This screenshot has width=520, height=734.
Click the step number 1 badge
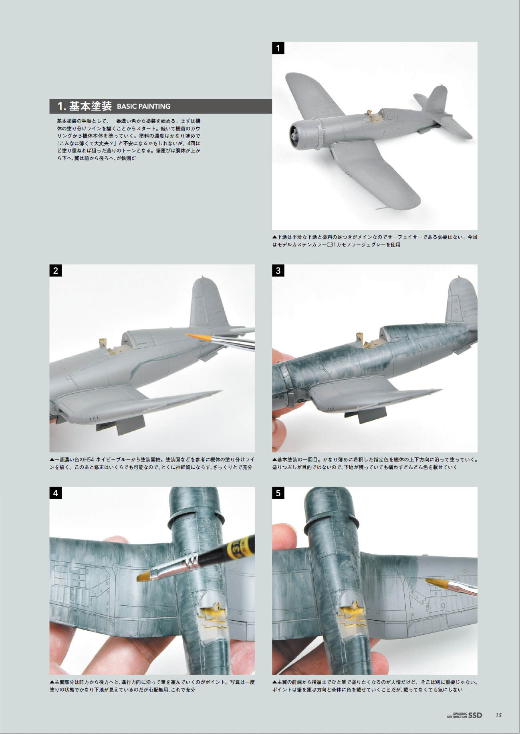pyautogui.click(x=278, y=48)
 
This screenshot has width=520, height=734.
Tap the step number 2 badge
pyautogui.click(x=55, y=271)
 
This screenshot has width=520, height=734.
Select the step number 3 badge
pyautogui.click(x=278, y=271)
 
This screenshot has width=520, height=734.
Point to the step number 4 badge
pyautogui.click(x=55, y=493)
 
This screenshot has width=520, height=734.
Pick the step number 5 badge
pyautogui.click(x=278, y=493)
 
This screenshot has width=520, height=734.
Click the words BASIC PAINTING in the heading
pyautogui.click(x=143, y=106)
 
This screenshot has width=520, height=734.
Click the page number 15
pyautogui.click(x=498, y=715)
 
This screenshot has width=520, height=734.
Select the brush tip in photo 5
pyautogui.click(x=434, y=582)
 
